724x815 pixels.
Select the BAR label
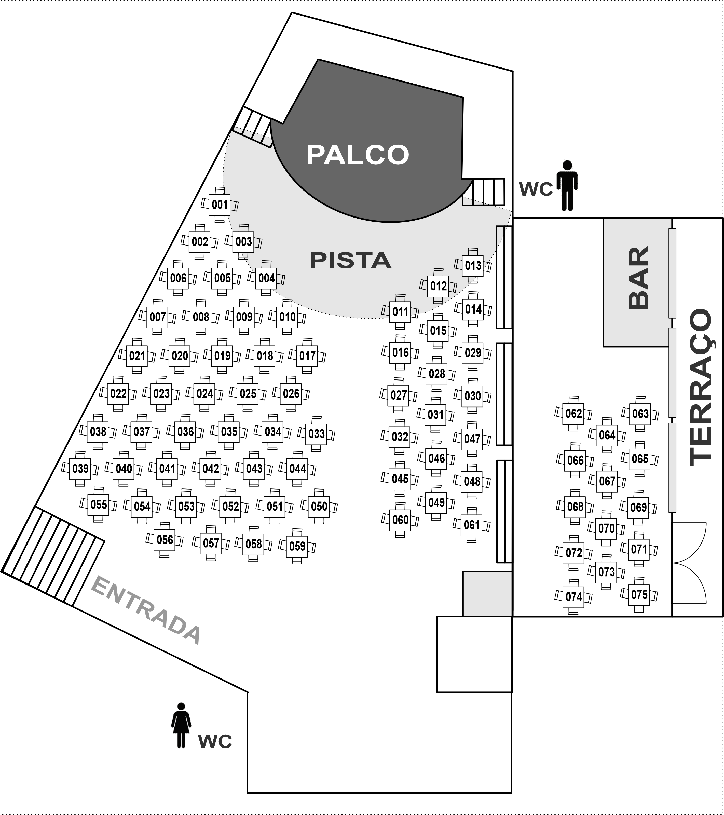click(x=638, y=278)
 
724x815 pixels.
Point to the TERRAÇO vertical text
click(x=701, y=387)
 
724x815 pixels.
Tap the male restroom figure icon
click(x=567, y=185)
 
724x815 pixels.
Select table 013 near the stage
click(x=473, y=266)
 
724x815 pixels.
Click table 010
click(x=287, y=317)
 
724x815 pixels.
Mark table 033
click(x=317, y=434)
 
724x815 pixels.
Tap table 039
click(x=80, y=469)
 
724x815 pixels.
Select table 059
click(x=297, y=546)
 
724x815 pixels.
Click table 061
click(x=472, y=525)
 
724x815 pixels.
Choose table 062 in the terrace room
click(x=573, y=413)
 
